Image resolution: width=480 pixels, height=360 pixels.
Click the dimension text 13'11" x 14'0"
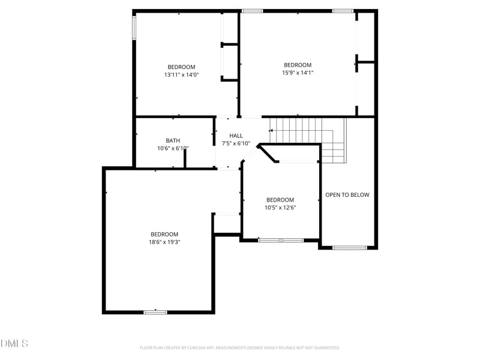pyautogui.click(x=181, y=75)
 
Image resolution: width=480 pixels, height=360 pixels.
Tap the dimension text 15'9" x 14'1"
pyautogui.click(x=298, y=73)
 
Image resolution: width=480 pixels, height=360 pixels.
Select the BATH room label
pyautogui.click(x=173, y=140)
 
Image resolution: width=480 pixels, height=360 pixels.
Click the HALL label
pyautogui.click(x=236, y=136)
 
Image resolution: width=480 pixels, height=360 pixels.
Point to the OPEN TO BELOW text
pyautogui.click(x=347, y=195)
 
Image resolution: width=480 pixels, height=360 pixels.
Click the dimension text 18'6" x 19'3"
pyautogui.click(x=164, y=242)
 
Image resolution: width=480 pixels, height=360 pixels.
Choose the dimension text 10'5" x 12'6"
pyautogui.click(x=280, y=208)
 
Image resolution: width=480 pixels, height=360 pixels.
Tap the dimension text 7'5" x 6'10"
pyautogui.click(x=236, y=143)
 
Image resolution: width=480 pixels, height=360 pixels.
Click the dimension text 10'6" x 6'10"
pyautogui.click(x=173, y=148)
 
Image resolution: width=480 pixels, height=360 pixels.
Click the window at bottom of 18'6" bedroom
pyautogui.click(x=155, y=311)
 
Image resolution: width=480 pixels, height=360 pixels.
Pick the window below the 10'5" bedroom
pyautogui.click(x=280, y=240)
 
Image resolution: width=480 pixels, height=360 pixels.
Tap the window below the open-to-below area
pyautogui.click(x=350, y=247)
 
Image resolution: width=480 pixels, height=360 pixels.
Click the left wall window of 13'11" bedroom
pyautogui.click(x=134, y=28)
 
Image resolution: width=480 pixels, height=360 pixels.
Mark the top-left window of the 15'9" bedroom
pyautogui.click(x=252, y=11)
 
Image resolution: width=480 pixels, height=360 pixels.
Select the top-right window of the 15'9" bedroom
pyautogui.click(x=343, y=11)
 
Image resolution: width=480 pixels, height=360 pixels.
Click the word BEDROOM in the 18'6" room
pyautogui.click(x=164, y=234)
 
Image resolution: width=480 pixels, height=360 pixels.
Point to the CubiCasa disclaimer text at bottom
pyautogui.click(x=240, y=347)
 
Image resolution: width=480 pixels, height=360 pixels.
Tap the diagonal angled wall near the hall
pyautogui.click(x=268, y=152)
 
